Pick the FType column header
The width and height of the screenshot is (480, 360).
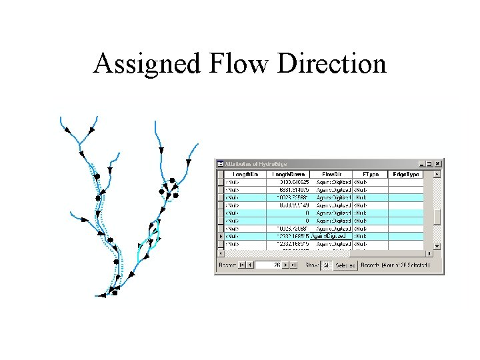370,174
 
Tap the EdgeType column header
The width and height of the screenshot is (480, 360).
406,174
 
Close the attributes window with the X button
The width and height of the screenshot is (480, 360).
438,163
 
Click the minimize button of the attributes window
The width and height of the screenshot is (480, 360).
421,163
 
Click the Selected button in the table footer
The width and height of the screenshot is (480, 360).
344,265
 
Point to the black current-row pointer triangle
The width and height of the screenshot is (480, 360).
221,236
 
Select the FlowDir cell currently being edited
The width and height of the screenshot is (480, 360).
330,236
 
